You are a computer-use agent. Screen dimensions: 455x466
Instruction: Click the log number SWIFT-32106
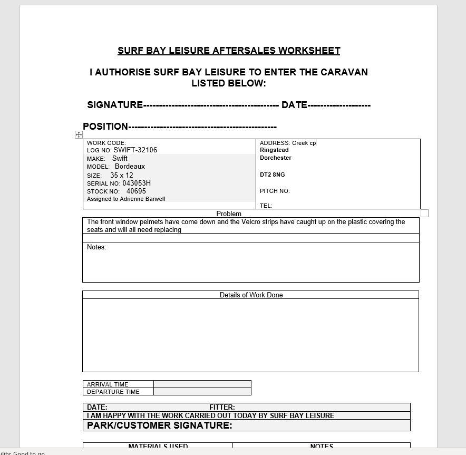(x=135, y=150)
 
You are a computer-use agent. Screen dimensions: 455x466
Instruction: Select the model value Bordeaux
(x=130, y=167)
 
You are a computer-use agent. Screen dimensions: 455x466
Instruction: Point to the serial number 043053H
(x=137, y=183)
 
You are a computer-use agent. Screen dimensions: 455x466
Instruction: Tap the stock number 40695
(x=136, y=191)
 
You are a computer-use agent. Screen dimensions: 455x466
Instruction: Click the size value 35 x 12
(x=122, y=175)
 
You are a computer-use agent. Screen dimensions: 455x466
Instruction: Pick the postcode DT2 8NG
(x=272, y=175)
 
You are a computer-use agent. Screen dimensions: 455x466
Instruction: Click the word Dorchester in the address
(x=275, y=158)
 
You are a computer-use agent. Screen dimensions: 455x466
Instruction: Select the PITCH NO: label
(x=275, y=191)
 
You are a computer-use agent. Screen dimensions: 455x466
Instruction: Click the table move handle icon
(x=79, y=135)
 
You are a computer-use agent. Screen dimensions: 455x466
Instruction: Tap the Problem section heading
(x=229, y=214)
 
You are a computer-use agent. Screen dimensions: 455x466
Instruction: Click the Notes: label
(x=96, y=247)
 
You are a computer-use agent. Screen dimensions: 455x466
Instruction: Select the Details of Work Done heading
(x=251, y=295)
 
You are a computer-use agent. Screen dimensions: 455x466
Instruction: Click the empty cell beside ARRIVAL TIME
(x=202, y=384)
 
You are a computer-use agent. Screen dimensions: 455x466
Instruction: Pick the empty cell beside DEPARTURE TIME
(x=202, y=392)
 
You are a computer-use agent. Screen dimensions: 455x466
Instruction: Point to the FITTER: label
(x=222, y=407)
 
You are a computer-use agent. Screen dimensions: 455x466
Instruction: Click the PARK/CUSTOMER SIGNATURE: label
(x=159, y=425)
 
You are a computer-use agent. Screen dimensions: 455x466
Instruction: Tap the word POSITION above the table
(x=105, y=127)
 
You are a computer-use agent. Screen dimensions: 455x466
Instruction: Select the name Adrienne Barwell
(x=142, y=199)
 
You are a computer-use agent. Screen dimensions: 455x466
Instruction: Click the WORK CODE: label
(x=106, y=143)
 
